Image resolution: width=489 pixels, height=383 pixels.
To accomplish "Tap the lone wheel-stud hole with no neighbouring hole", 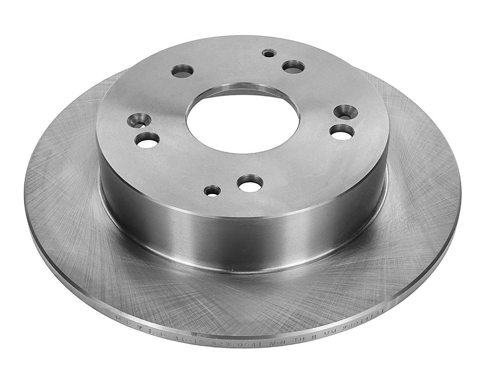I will click(x=182, y=71).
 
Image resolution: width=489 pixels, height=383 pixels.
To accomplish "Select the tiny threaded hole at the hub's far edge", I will click(x=269, y=53).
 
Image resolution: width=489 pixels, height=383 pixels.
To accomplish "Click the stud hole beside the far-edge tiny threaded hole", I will click(x=293, y=66).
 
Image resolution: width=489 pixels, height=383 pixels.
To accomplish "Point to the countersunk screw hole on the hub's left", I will click(x=139, y=120).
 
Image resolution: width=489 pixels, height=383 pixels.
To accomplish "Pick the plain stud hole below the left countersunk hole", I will click(x=147, y=140).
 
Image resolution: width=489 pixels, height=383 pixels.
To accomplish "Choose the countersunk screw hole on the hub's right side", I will click(x=346, y=112).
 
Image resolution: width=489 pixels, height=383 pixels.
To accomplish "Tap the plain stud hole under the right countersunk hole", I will click(x=341, y=132).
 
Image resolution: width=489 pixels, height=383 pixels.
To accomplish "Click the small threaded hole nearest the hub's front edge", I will click(x=212, y=190).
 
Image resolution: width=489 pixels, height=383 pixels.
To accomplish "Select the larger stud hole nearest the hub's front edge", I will click(x=250, y=183).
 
